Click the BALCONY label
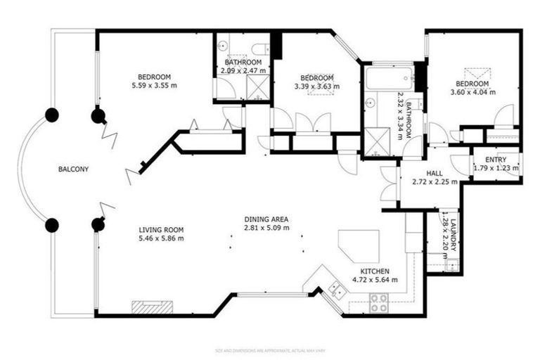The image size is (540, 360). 73,169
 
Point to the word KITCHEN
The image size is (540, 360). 375,271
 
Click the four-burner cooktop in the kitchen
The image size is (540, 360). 380,303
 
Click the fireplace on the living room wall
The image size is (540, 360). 152,306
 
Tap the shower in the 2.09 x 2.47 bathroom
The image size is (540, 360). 257,88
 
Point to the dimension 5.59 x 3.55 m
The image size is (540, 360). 154,86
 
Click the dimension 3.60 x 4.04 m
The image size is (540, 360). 472,91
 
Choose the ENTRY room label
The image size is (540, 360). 486,160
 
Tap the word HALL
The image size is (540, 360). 433,172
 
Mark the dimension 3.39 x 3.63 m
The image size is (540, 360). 316,86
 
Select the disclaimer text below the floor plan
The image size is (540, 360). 271,349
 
